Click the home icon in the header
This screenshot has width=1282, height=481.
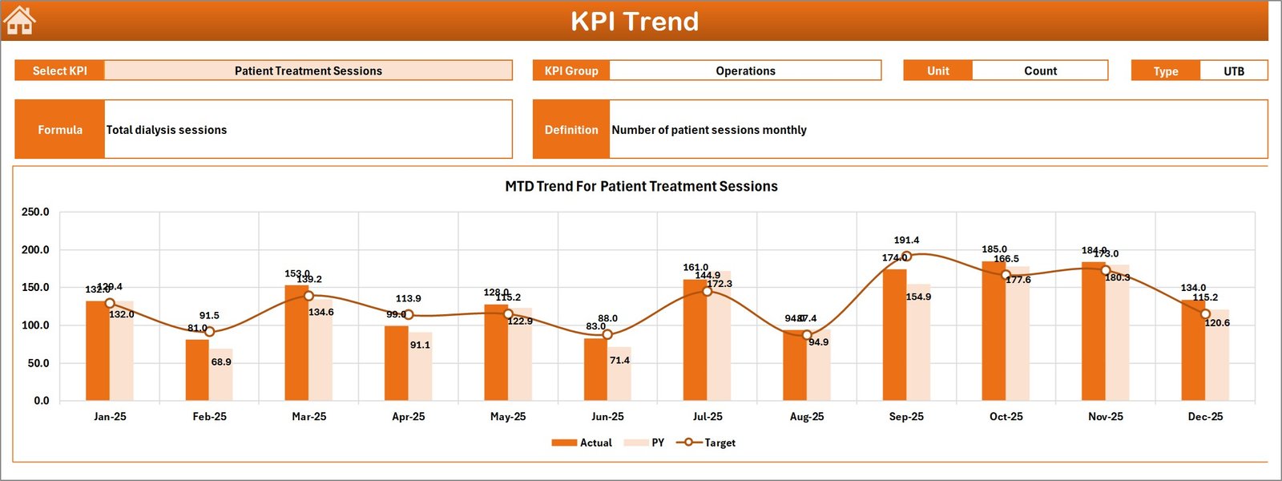19,21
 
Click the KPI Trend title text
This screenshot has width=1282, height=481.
634,22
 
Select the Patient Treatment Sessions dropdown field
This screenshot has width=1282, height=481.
308,71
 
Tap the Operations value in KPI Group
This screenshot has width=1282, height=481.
745,71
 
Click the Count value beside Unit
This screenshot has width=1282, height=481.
1040,71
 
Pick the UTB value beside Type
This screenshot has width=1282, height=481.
1233,71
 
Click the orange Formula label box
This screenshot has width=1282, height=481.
60,129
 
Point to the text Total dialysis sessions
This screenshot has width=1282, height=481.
167,130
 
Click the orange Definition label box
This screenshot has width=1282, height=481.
571,129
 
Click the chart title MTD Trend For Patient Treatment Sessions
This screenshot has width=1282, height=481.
641,186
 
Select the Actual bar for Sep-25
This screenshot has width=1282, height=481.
894,337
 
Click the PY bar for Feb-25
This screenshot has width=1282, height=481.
221,375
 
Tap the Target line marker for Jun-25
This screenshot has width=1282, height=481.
607,334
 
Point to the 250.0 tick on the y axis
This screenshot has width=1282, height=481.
35,212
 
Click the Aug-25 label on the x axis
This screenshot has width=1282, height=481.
807,417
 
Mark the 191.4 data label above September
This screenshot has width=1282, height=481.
906,240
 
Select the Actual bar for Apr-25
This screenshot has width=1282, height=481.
396,363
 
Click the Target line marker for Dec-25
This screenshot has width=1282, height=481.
1205,314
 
